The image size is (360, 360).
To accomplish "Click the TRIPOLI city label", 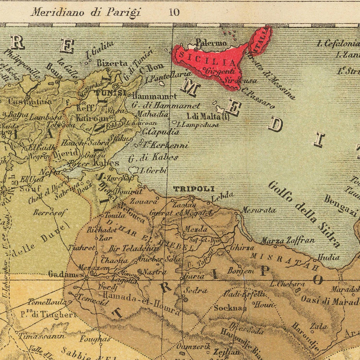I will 188,189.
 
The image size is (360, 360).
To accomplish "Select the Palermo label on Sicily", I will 211,43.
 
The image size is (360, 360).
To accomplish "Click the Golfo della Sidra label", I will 304,214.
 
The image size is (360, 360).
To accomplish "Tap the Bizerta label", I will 112,63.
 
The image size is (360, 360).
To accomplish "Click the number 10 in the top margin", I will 174,12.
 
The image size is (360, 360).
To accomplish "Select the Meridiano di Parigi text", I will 86,12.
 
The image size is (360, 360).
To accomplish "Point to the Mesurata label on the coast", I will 259,210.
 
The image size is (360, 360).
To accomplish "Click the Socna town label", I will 228,308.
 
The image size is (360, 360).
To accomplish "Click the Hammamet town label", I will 154,96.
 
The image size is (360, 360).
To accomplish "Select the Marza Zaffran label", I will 288,241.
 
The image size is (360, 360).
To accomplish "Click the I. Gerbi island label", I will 154,171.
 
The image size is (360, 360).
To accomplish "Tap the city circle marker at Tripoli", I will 192,198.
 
